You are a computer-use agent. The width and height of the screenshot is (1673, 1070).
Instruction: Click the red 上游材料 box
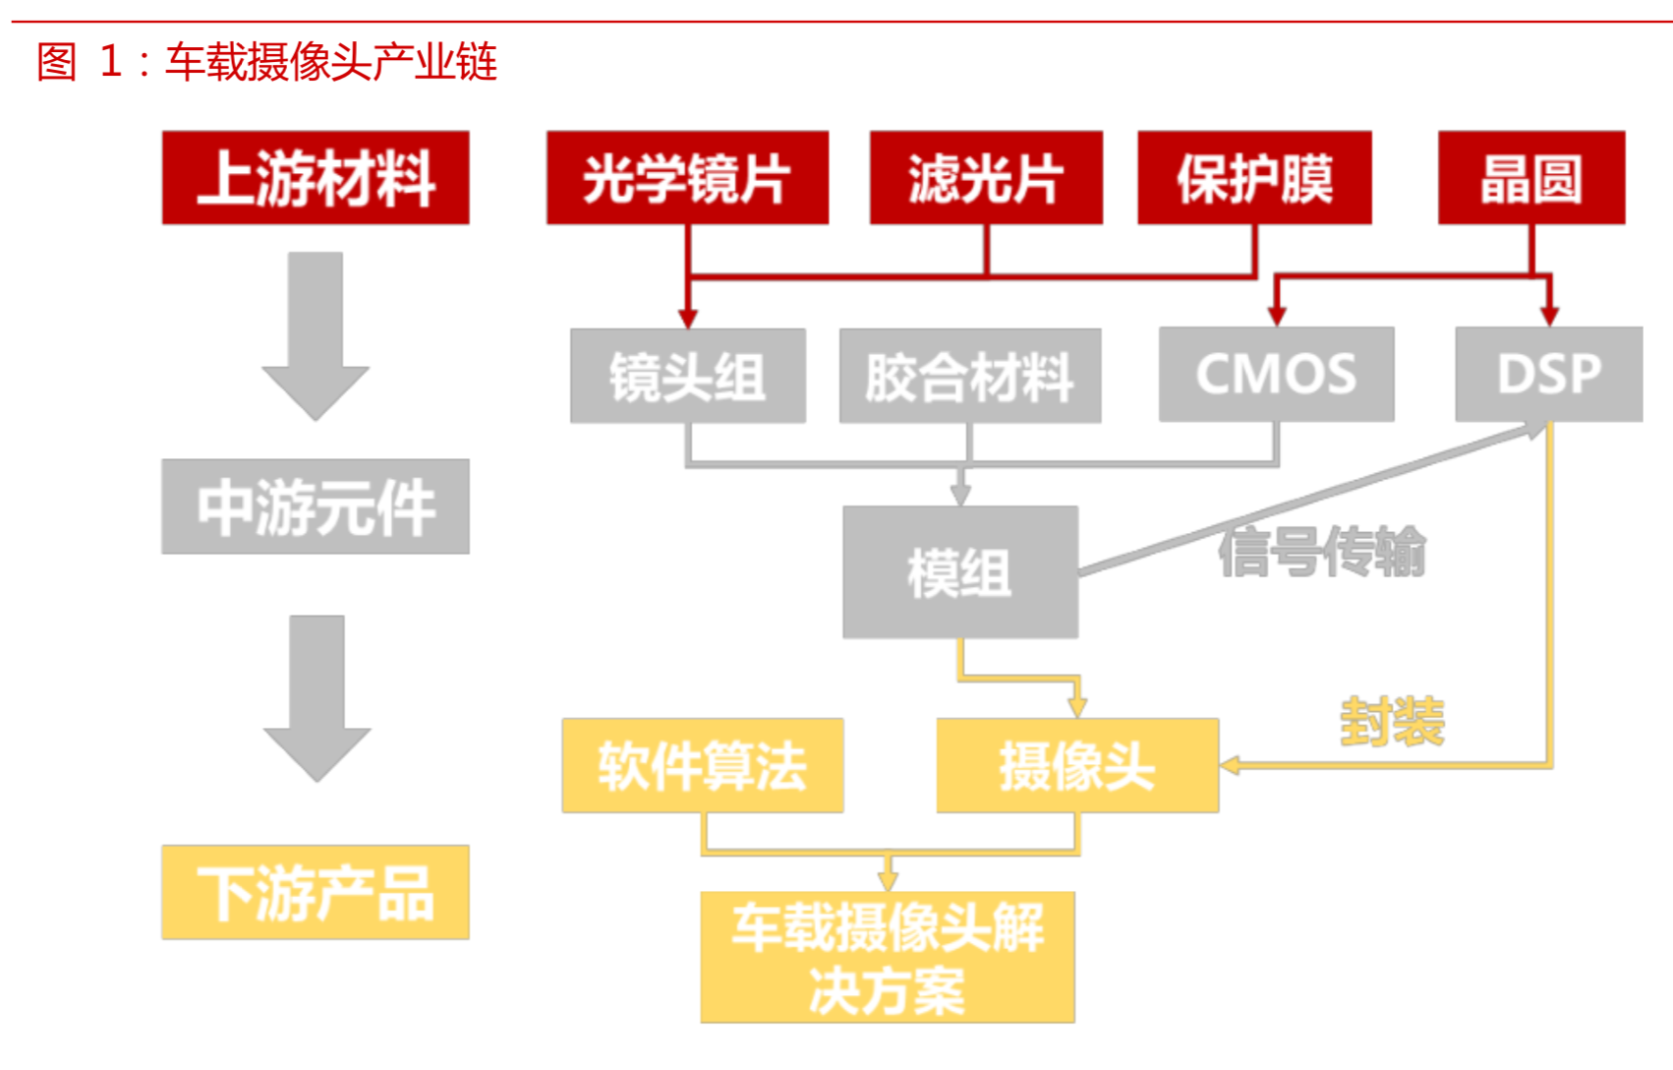[316, 178]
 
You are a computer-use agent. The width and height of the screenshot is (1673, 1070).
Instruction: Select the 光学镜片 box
[687, 178]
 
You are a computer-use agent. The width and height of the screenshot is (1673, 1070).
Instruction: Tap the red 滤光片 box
[985, 178]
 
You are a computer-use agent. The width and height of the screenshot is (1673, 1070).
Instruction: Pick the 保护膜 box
[1254, 178]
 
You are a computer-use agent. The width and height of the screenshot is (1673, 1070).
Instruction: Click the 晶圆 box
[1530, 178]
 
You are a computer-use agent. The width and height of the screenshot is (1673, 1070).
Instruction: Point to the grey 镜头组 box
[687, 376]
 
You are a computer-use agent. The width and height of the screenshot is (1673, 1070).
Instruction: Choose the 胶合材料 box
[969, 376]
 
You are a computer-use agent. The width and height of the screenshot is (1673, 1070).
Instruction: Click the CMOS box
[1276, 375]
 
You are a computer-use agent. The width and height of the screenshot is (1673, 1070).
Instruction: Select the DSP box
[1548, 375]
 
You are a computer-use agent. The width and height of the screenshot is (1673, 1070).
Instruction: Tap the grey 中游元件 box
[316, 506]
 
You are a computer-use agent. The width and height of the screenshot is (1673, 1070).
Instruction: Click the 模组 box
[959, 572]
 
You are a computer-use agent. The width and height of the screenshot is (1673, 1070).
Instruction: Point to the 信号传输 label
[1321, 552]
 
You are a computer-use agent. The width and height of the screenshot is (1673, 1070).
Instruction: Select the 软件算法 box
[702, 765]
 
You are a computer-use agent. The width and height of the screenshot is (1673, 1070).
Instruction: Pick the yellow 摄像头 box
[1077, 765]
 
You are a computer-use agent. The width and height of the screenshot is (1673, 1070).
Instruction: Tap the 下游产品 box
[316, 892]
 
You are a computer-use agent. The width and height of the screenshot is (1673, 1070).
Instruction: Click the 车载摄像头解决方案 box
[887, 957]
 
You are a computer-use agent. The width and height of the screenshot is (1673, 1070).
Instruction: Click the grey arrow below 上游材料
[316, 334]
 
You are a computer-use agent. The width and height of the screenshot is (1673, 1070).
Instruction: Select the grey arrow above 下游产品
[317, 696]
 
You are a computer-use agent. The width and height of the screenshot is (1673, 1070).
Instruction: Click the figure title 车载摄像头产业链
[331, 62]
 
